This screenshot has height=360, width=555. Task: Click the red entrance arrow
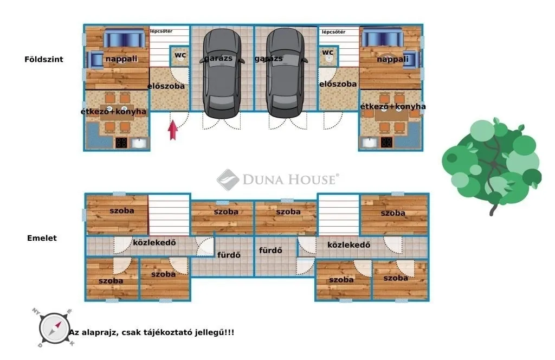173,130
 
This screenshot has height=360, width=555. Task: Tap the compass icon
54,328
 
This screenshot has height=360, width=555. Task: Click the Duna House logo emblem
228,179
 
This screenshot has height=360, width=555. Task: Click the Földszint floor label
44,60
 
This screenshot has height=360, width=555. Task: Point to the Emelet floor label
42,238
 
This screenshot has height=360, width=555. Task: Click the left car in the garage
222,73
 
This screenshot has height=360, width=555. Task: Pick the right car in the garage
286,73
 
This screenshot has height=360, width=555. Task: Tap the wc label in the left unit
180,55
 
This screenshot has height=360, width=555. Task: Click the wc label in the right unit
328,53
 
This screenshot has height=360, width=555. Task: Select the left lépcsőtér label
161,31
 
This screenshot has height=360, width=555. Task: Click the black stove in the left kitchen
121,143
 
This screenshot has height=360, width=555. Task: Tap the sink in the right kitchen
370,142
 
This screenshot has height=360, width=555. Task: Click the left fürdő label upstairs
229,254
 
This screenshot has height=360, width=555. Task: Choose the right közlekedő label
349,245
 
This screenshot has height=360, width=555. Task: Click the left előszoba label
166,86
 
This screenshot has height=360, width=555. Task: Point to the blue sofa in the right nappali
382,37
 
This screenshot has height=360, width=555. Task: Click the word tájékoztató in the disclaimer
169,332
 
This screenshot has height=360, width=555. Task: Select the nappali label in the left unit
121,59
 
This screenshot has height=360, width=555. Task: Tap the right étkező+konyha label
393,106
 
